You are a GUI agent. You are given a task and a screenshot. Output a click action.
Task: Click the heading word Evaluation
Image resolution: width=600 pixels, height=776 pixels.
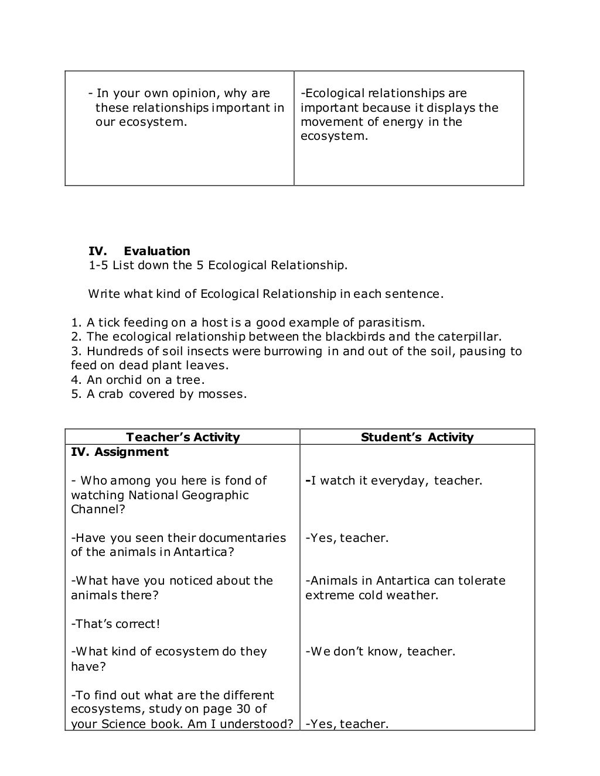156,251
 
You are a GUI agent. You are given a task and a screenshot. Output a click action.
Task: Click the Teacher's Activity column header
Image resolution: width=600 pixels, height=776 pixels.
183,437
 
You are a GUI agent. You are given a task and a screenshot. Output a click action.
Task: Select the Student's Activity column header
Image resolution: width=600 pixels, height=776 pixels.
417,437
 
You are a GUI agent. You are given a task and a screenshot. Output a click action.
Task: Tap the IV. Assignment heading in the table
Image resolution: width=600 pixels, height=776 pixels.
120,452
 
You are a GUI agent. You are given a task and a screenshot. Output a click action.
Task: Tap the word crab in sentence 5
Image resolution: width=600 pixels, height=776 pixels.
111,394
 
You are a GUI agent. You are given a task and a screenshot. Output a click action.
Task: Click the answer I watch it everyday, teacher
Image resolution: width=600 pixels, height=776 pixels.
394,480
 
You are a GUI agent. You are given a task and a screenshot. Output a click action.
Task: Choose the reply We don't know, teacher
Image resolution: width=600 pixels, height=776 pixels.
380,651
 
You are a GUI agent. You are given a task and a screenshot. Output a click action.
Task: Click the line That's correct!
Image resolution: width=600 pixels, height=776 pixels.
115,624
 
